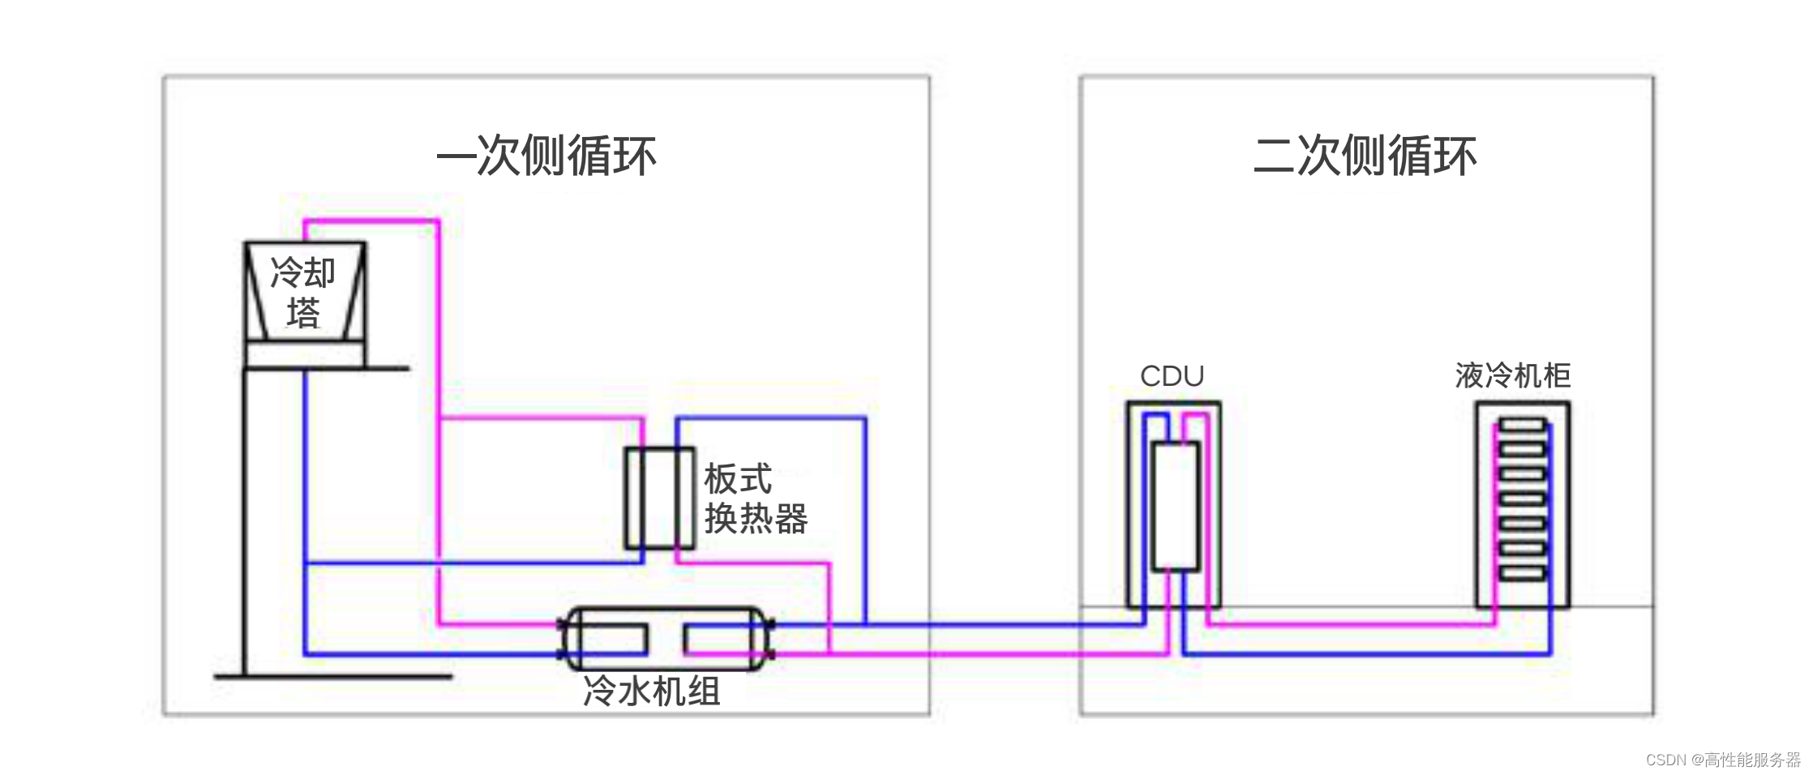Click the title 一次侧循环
(x=546, y=156)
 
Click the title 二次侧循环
(x=1365, y=156)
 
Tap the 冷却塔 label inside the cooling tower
(x=302, y=292)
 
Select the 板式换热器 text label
(x=754, y=499)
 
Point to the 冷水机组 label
(x=651, y=692)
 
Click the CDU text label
(x=1172, y=376)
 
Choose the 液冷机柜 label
(x=1513, y=376)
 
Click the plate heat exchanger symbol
(x=659, y=498)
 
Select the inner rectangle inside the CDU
(x=1176, y=506)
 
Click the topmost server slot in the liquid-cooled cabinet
(x=1522, y=425)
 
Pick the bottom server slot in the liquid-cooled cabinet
(x=1522, y=574)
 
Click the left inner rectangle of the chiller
(x=614, y=640)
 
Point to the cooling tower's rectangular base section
(x=305, y=355)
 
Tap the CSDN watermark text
(x=1722, y=760)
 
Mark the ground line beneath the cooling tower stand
(x=332, y=676)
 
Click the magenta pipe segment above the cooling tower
(x=371, y=221)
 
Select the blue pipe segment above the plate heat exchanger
(x=770, y=419)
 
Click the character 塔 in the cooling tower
(x=302, y=313)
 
